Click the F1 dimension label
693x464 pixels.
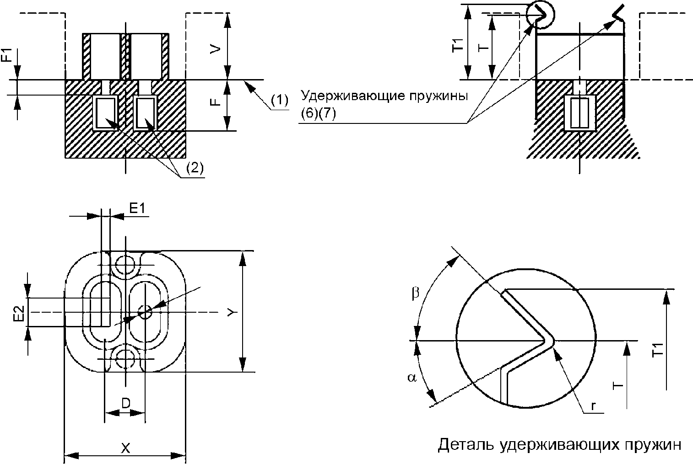tap(7, 54)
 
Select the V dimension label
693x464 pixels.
tap(216, 49)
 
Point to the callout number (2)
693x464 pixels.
tap(195, 168)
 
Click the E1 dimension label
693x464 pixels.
tap(137, 209)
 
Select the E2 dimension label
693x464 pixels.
tap(19, 314)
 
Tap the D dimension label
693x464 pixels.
tap(125, 403)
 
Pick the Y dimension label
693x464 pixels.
tap(232, 313)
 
